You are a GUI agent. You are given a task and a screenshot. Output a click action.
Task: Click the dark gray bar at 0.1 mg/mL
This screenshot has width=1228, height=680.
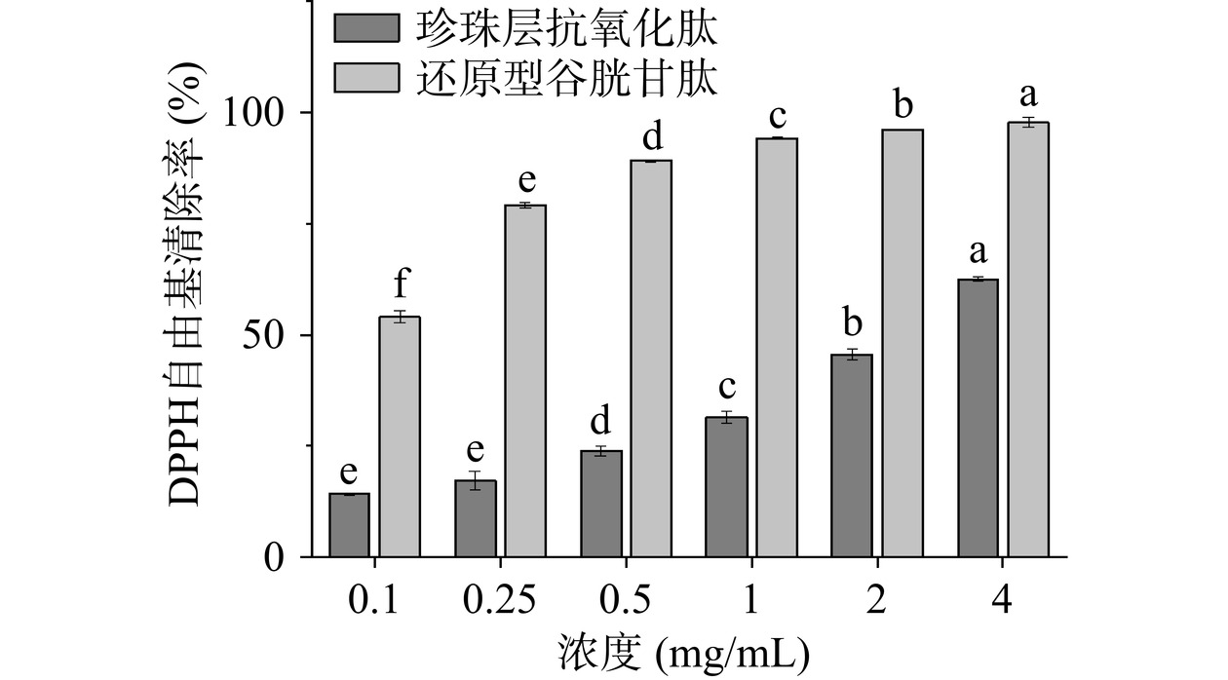pyautogui.click(x=349, y=526)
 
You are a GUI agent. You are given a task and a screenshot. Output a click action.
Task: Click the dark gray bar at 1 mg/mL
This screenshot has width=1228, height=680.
pyautogui.click(x=726, y=487)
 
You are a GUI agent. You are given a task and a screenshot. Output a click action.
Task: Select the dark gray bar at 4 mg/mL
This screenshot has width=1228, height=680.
pyautogui.click(x=978, y=418)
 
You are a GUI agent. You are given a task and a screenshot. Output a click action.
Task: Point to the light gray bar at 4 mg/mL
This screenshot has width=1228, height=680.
pyautogui.click(x=1028, y=340)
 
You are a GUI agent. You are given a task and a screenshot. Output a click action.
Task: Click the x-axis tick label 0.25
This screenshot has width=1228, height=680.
pyautogui.click(x=499, y=601)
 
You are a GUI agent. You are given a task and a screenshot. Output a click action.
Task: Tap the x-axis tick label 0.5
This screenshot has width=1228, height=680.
pyautogui.click(x=625, y=601)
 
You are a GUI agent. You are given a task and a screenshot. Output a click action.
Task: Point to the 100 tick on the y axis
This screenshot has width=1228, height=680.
pyautogui.click(x=257, y=113)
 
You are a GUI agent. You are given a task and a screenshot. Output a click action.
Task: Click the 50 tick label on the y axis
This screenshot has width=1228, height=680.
pyautogui.click(x=269, y=335)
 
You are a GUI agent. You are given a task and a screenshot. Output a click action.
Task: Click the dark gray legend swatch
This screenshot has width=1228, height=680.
pyautogui.click(x=366, y=29)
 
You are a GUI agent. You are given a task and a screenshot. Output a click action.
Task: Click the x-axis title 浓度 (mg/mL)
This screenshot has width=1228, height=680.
pyautogui.click(x=683, y=653)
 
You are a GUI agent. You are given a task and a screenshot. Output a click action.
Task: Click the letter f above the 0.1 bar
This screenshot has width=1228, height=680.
pyautogui.click(x=400, y=286)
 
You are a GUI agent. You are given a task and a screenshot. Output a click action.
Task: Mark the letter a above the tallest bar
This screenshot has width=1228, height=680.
pyautogui.click(x=1028, y=95)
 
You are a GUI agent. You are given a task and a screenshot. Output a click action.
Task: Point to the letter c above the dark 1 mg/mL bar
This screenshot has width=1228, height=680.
pyautogui.click(x=726, y=388)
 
